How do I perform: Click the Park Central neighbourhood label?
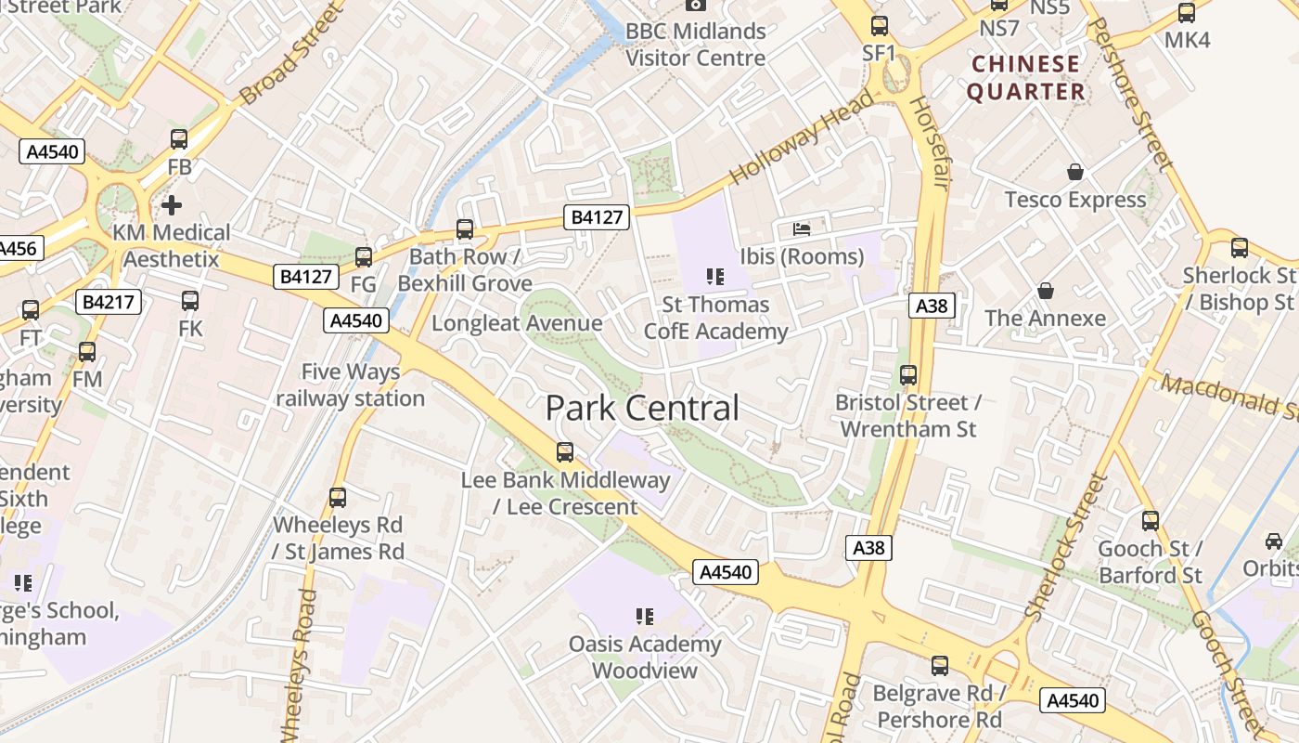[x=642, y=408]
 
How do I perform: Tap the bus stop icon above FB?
[x=179, y=139]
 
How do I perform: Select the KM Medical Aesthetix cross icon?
[x=172, y=204]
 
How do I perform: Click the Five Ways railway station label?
[x=350, y=385]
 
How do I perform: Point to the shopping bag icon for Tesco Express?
[x=1075, y=172]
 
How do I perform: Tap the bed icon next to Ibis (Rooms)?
[x=801, y=228]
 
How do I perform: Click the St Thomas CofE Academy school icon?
[x=714, y=276]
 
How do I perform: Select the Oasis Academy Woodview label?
[x=644, y=657]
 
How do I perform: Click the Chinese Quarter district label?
[x=1025, y=77]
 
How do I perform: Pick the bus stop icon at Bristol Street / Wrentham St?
[x=908, y=375]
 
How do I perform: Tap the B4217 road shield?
[x=109, y=301]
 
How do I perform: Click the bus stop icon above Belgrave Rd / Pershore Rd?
[x=940, y=665]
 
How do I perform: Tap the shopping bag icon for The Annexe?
[x=1046, y=291]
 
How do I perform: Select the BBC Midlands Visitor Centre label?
[x=695, y=44]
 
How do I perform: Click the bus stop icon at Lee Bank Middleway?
[x=564, y=452]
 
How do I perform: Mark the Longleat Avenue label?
[x=517, y=323]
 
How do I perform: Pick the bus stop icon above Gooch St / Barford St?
[x=1151, y=520]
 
